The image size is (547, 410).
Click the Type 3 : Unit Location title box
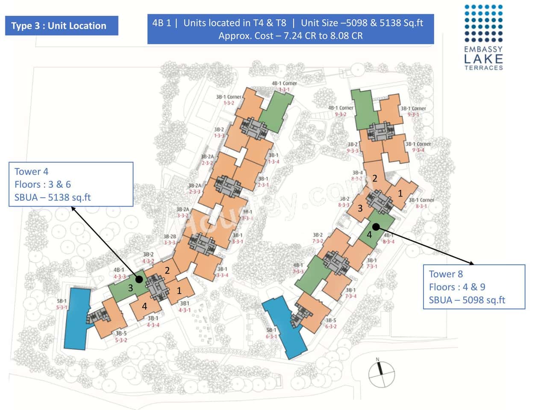(x=62, y=26)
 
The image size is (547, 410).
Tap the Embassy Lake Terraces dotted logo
(x=483, y=23)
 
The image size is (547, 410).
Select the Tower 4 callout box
(x=71, y=184)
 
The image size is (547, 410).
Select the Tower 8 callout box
(x=473, y=287)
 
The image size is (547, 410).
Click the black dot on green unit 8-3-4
(x=376, y=227)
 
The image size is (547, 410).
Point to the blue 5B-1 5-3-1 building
(x=77, y=318)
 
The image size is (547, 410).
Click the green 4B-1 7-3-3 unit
(x=312, y=275)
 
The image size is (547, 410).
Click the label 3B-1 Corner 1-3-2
(x=229, y=100)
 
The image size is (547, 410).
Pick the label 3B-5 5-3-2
(x=121, y=337)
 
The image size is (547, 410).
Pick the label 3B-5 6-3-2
(x=331, y=323)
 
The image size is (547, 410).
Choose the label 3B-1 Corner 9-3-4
(x=418, y=147)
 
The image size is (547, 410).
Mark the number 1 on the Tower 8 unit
(x=400, y=193)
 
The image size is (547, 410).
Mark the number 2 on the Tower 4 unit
(x=167, y=270)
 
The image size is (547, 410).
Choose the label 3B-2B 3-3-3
(x=169, y=240)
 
